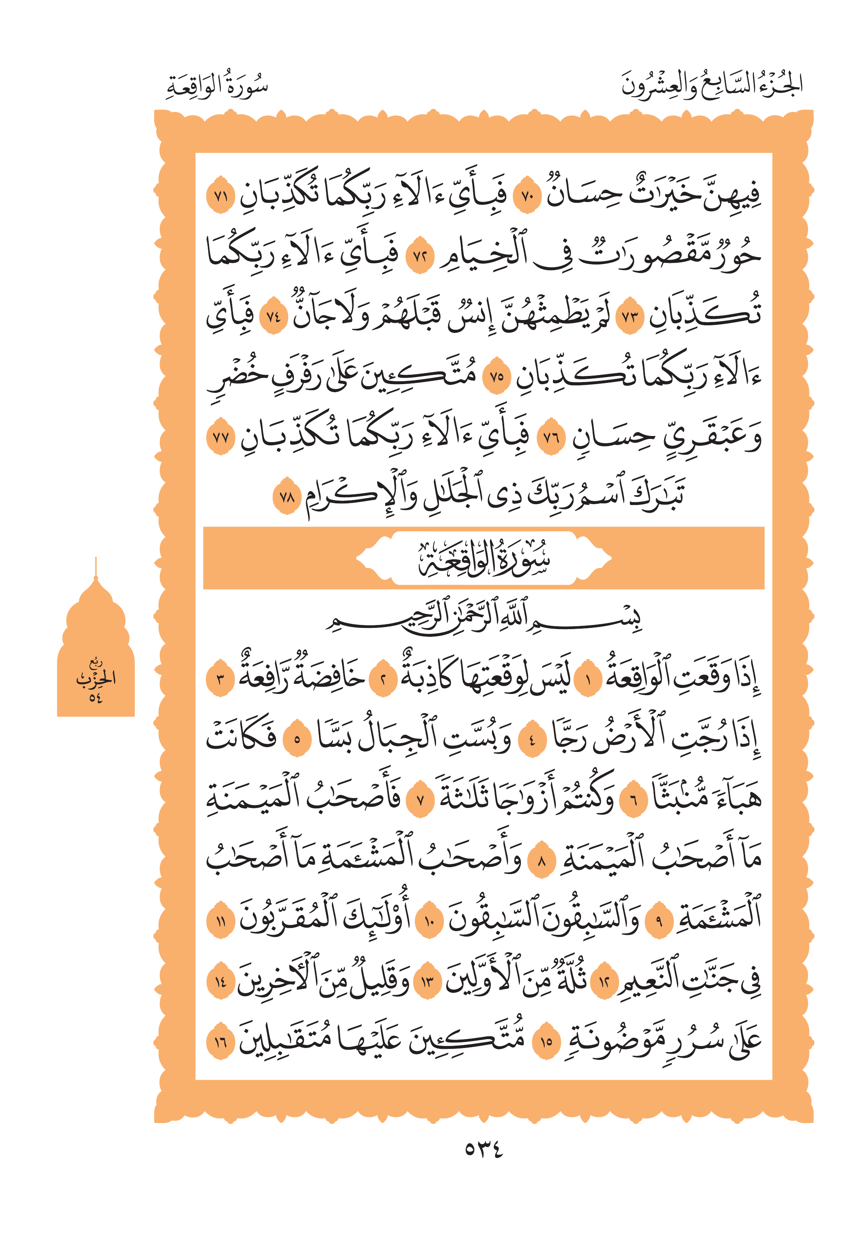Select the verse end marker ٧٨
[x=287, y=496]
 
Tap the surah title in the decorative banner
[x=483, y=558]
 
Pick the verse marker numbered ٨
[x=542, y=862]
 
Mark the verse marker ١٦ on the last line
[x=221, y=1042]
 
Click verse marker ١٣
[x=428, y=982]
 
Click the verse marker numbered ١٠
[x=429, y=922]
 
